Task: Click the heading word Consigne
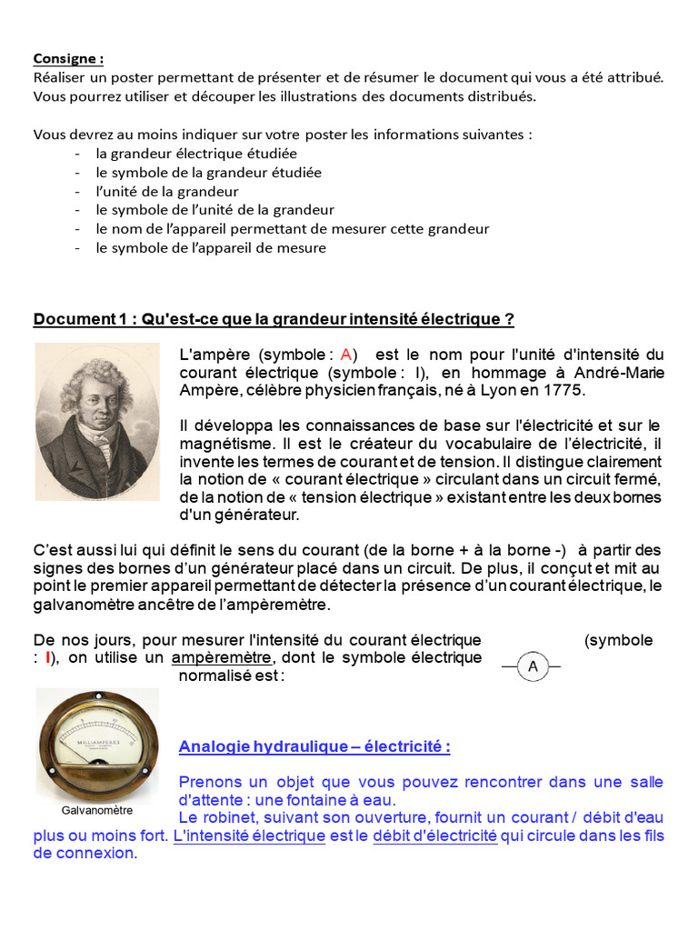[x=68, y=58]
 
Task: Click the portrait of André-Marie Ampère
[x=97, y=421]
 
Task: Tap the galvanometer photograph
[x=97, y=743]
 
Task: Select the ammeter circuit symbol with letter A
[x=533, y=667]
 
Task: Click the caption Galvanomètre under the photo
[x=97, y=810]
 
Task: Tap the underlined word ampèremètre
[x=221, y=658]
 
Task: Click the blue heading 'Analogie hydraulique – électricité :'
[x=314, y=747]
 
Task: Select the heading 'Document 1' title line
[x=274, y=319]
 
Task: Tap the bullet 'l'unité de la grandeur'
[x=167, y=191]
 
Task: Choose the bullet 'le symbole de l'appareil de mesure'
[x=211, y=247]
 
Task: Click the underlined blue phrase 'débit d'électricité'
[x=434, y=836]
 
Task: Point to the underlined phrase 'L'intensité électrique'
[x=249, y=836]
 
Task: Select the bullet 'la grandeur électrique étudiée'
[x=196, y=154]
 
